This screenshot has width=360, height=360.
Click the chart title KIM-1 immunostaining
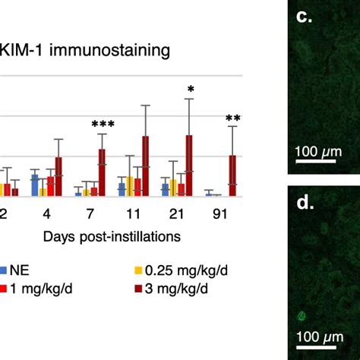(x=85, y=52)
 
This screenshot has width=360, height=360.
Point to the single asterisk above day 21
(x=190, y=90)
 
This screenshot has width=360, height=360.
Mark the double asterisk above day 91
(x=233, y=118)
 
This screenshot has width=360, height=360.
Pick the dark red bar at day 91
(x=233, y=175)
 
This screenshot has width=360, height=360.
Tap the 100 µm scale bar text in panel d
(x=318, y=335)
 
